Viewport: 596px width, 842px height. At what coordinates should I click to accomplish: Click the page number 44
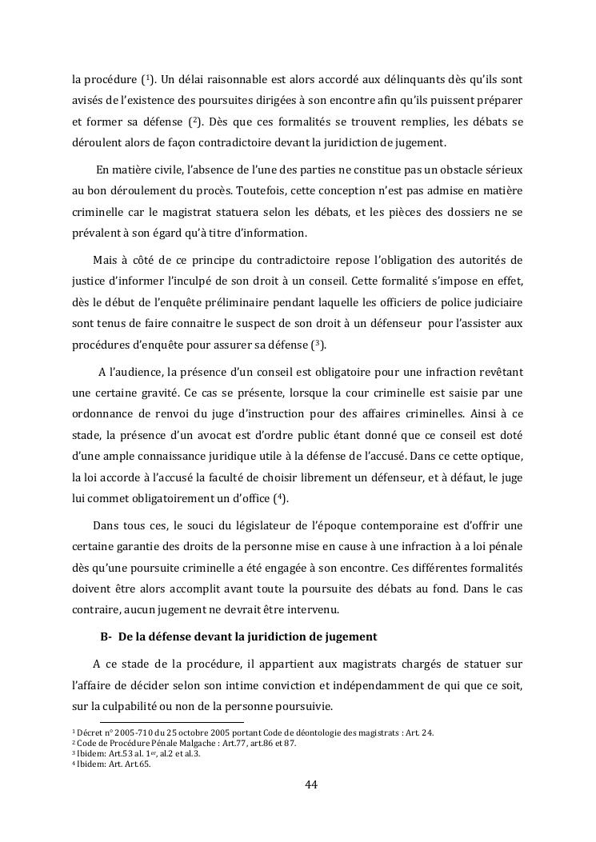pyautogui.click(x=311, y=784)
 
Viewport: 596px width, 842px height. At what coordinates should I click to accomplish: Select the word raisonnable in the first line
pyautogui.click(x=228, y=81)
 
